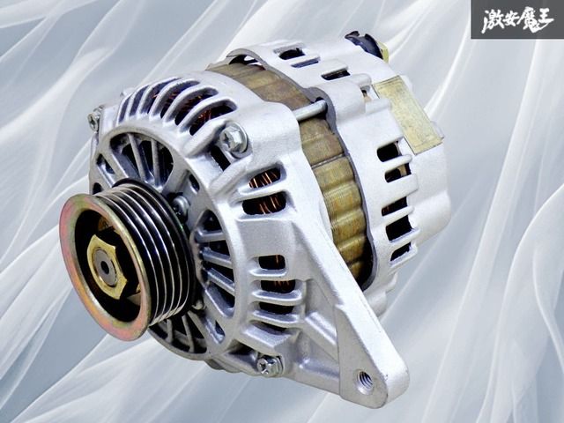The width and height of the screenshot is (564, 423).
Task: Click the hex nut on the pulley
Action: (107, 265)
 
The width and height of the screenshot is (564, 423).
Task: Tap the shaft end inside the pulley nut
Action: (106, 266)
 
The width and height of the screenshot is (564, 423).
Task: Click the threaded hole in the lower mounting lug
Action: (363, 381)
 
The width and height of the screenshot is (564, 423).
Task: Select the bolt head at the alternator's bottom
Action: (267, 363)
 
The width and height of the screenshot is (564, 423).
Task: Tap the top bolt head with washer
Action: (234, 137)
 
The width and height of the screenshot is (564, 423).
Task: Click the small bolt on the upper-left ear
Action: (95, 120)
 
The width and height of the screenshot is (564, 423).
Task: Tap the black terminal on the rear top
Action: (364, 44)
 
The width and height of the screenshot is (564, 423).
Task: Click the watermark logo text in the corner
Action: (516, 19)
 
